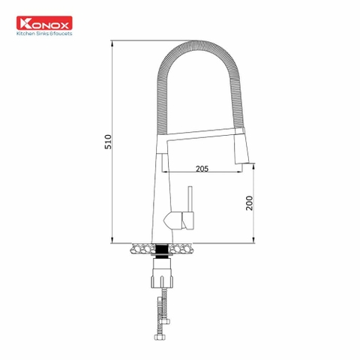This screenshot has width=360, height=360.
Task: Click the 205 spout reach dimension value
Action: [200, 169]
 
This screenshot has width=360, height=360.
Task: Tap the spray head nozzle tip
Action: [244, 163]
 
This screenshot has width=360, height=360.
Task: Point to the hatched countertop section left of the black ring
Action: [140, 246]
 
